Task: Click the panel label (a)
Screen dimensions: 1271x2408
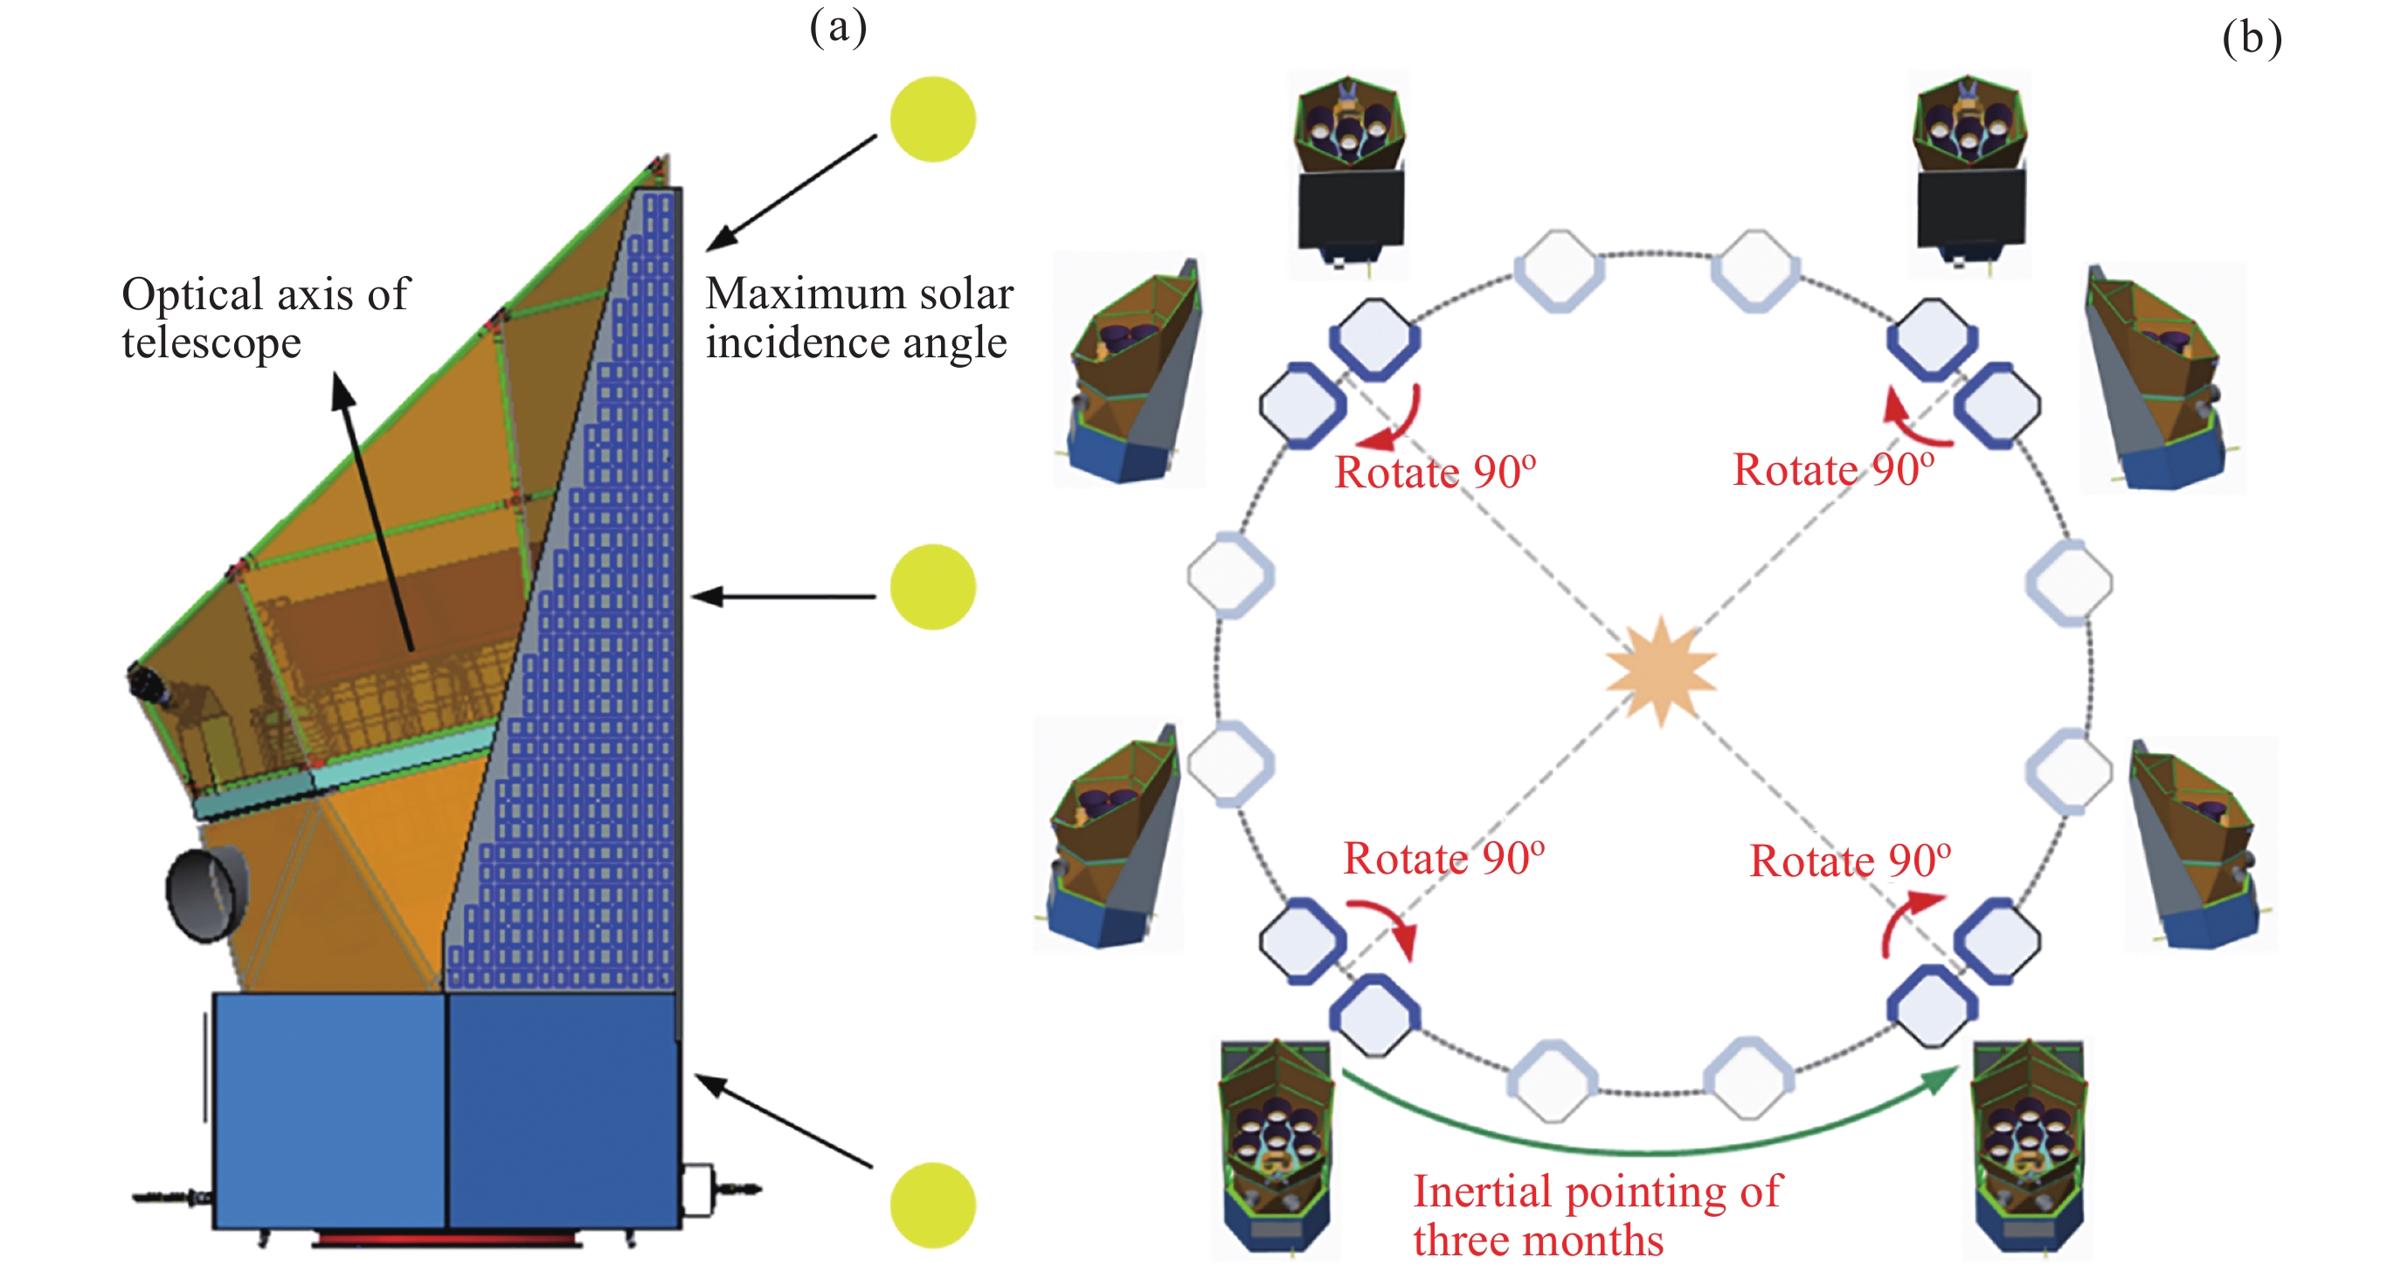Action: point(838,28)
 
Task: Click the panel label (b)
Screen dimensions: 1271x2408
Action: point(2251,39)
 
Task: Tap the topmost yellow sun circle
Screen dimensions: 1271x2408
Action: point(932,120)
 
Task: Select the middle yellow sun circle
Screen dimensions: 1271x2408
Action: point(932,587)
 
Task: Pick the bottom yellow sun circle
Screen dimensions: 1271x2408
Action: point(932,1205)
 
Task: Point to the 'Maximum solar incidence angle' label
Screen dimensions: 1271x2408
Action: point(858,318)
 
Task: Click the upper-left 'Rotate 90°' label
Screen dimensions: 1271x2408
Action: point(1435,472)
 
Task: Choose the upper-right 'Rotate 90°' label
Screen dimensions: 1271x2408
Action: point(1833,469)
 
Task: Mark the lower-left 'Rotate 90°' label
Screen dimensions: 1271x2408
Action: point(1443,858)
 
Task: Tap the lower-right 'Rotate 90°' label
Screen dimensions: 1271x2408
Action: point(1850,860)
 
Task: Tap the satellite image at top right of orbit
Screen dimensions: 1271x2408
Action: point(1969,173)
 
